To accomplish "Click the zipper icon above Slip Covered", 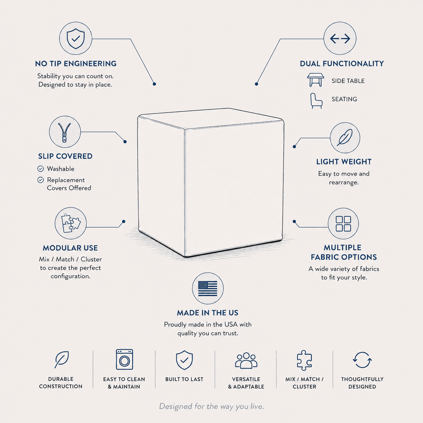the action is (x=64, y=132).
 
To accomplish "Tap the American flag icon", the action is (x=208, y=288).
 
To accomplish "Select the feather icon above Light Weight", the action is (x=345, y=137).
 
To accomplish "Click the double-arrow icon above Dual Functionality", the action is (x=340, y=39).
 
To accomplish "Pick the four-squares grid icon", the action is (x=343, y=224).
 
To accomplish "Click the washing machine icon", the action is (x=124, y=360).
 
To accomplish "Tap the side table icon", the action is (x=315, y=80).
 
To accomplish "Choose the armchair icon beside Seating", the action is (x=316, y=101).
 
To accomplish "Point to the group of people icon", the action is (x=246, y=360).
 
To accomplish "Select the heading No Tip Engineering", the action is (x=76, y=64).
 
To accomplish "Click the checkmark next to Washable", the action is (x=40, y=169).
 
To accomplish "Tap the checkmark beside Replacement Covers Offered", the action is (x=40, y=180).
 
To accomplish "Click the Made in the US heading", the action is (x=208, y=313).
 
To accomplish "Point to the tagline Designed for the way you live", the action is (x=211, y=406).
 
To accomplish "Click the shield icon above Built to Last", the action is (x=185, y=360).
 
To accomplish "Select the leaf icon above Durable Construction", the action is (x=62, y=360).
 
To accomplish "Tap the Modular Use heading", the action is (x=70, y=248).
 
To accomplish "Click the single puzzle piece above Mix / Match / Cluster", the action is (x=304, y=360).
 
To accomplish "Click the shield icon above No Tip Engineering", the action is (x=76, y=38).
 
